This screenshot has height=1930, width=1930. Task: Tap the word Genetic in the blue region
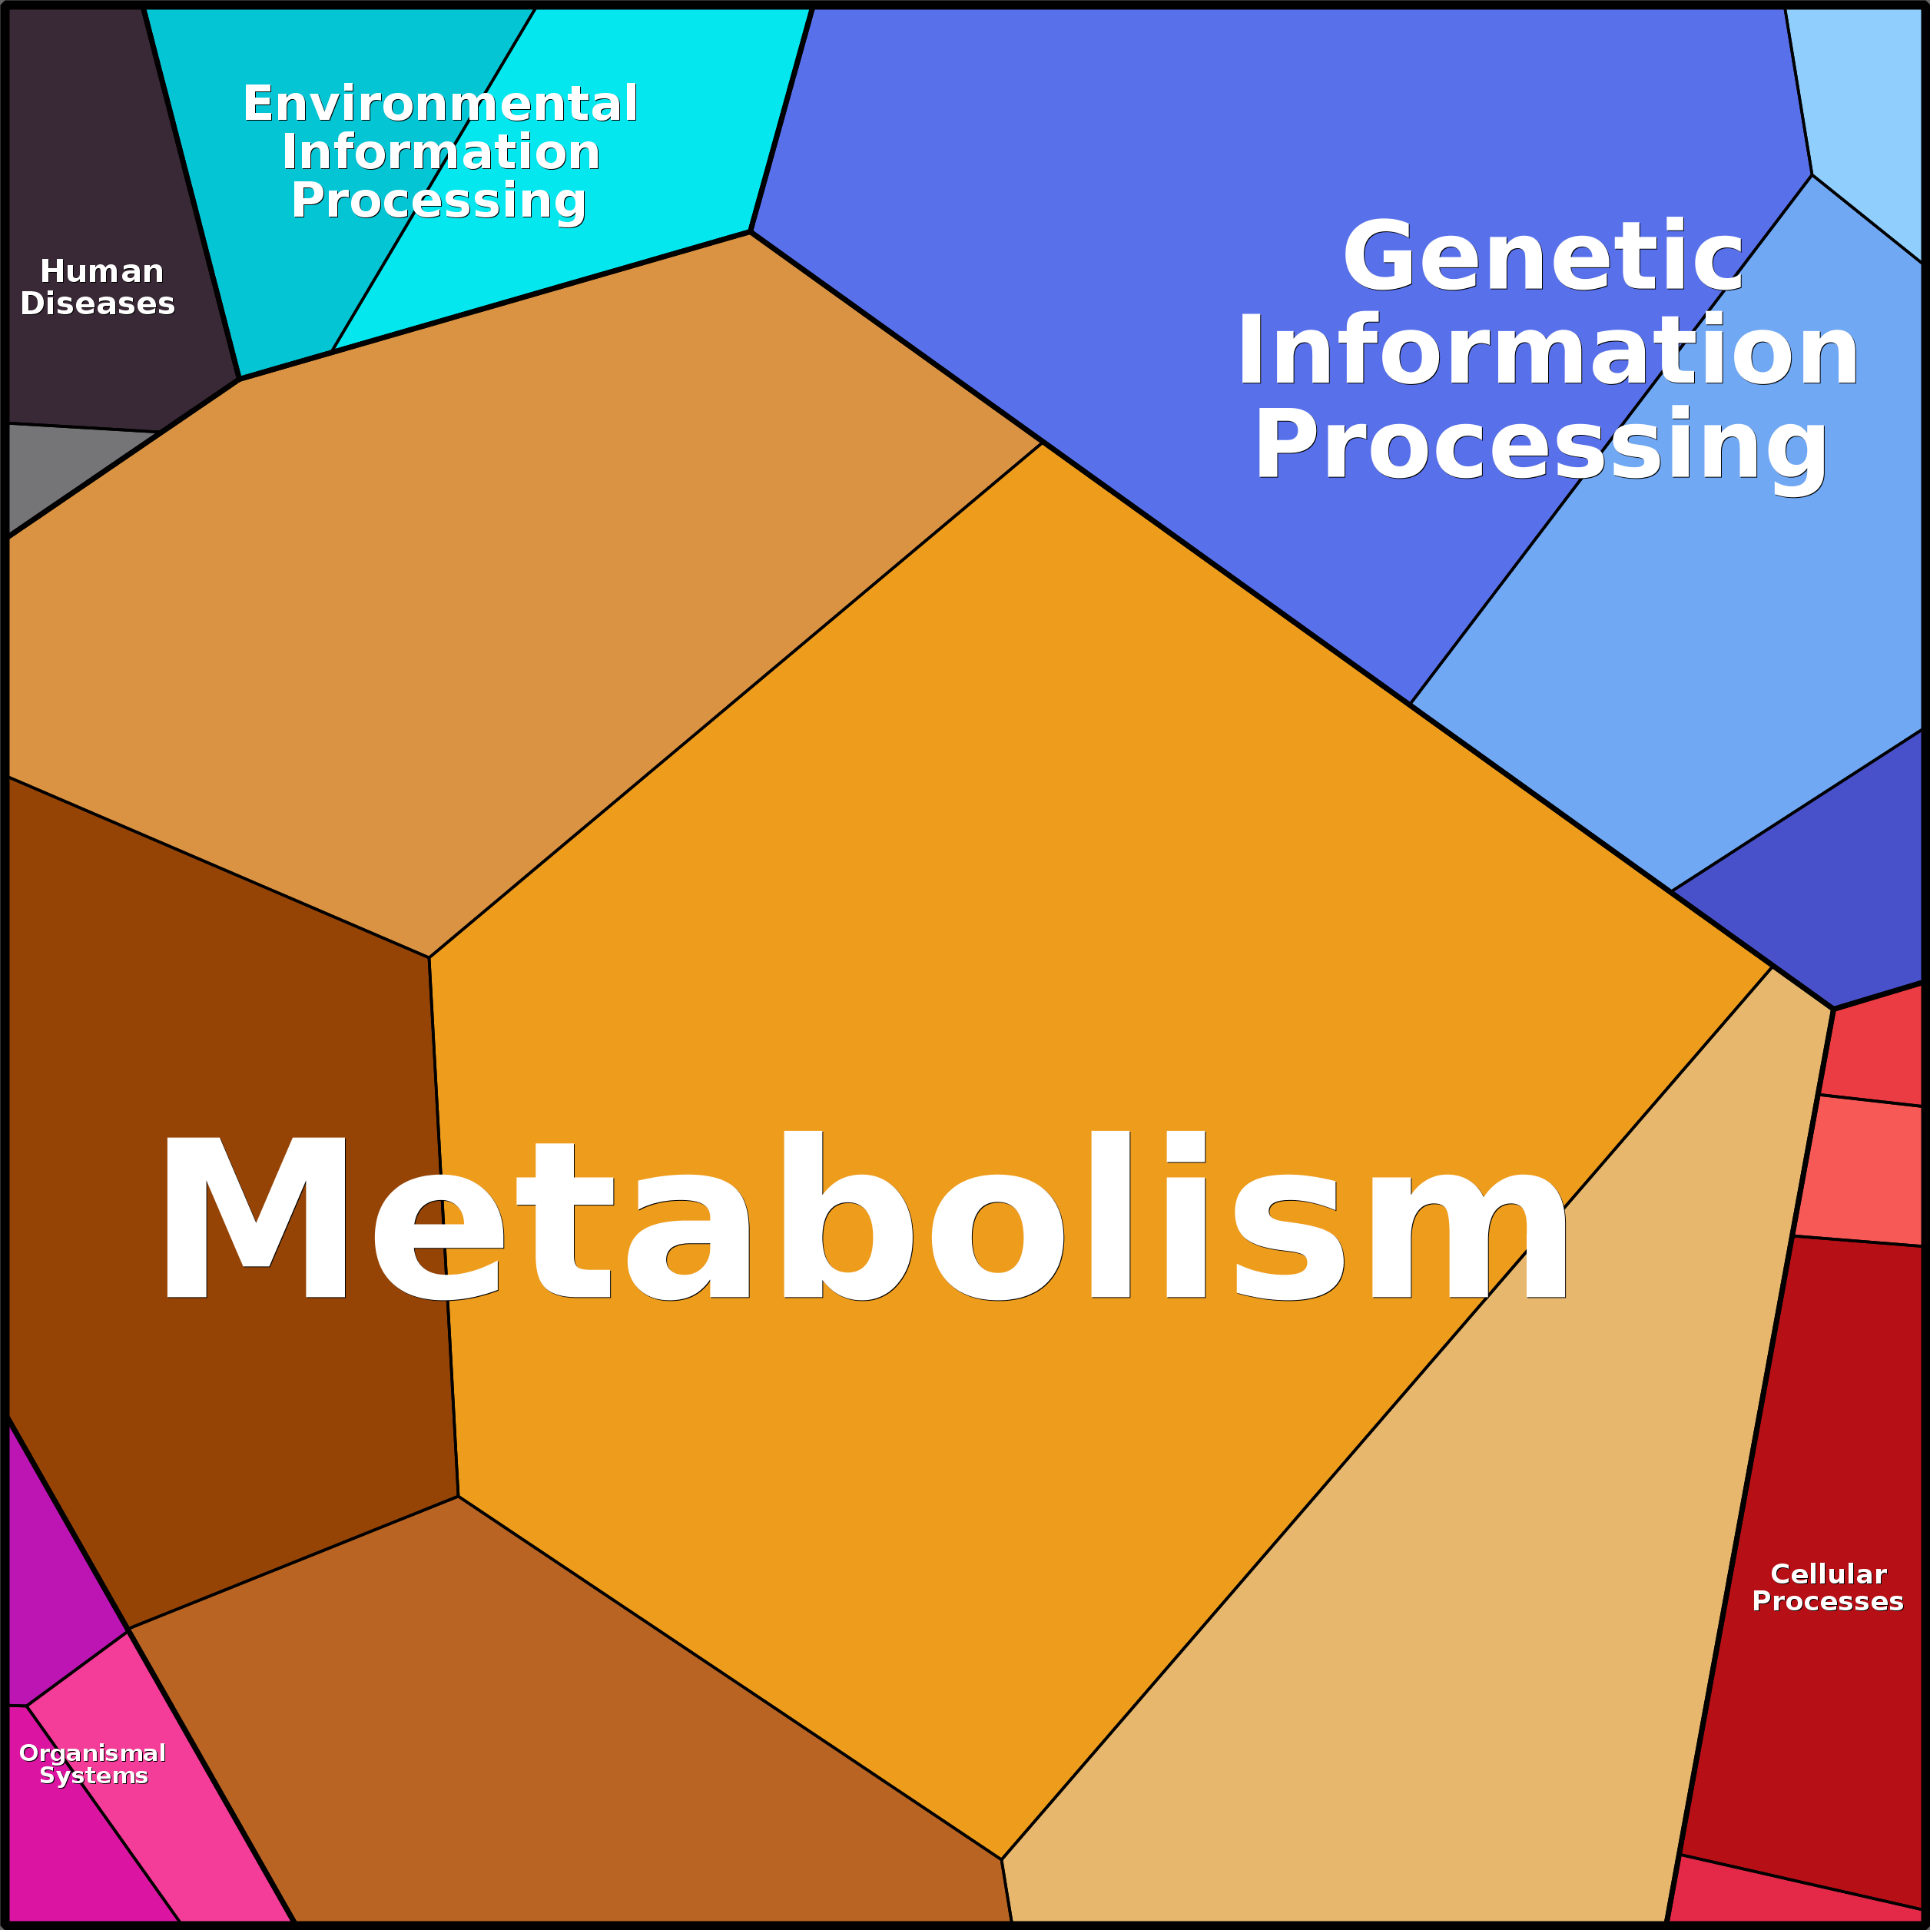click(1544, 256)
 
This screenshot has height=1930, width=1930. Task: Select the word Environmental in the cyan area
click(440, 104)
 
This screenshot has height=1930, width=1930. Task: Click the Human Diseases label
click(98, 287)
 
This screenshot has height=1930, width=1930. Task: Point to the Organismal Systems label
click(93, 1764)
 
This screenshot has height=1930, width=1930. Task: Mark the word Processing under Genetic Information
click(1541, 446)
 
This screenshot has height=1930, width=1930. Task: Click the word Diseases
click(98, 303)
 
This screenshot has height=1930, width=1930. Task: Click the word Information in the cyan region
click(440, 152)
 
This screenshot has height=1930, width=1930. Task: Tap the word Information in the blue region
click(1547, 350)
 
